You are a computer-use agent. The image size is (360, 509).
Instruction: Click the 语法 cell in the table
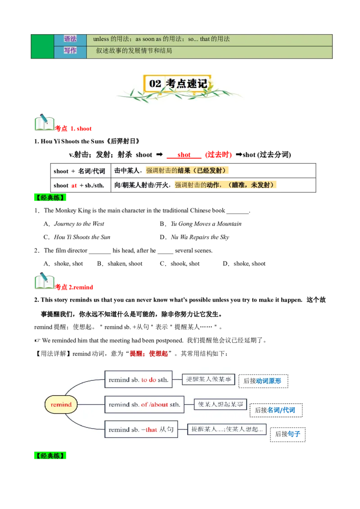point(70,39)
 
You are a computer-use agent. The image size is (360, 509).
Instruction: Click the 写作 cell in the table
point(70,51)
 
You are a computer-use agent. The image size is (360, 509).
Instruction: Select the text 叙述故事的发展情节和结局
point(134,51)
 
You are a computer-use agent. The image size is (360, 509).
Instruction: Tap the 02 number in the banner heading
point(155,84)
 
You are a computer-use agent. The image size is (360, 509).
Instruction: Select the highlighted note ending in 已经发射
point(188,171)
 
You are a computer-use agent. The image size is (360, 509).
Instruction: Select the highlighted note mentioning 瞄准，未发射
point(225,185)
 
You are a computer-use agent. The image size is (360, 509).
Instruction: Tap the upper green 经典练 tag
point(50,197)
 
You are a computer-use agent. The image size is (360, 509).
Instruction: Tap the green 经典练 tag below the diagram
point(50,456)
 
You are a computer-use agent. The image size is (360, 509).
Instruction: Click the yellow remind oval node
point(61,405)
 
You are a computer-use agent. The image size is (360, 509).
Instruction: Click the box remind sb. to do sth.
point(138,380)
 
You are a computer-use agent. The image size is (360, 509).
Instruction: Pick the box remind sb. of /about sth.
point(144,405)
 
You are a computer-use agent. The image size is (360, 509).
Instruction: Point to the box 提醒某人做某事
point(208,380)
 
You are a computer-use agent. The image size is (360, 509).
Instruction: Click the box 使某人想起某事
point(220,404)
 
